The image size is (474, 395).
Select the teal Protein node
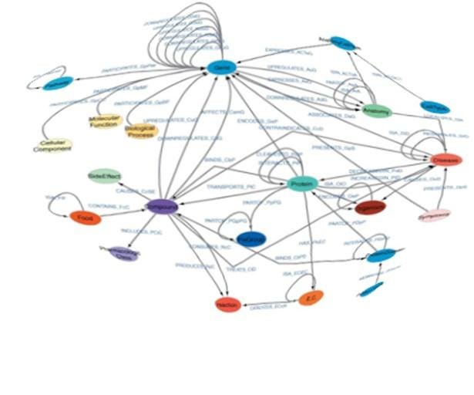tap(301, 184)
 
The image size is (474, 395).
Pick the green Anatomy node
tap(377, 110)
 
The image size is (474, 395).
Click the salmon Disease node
tap(445, 160)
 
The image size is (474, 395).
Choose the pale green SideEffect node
tap(103, 177)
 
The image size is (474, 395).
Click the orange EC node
tap(311, 298)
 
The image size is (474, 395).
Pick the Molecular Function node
tap(102, 121)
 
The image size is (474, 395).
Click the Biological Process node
tap(141, 130)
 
